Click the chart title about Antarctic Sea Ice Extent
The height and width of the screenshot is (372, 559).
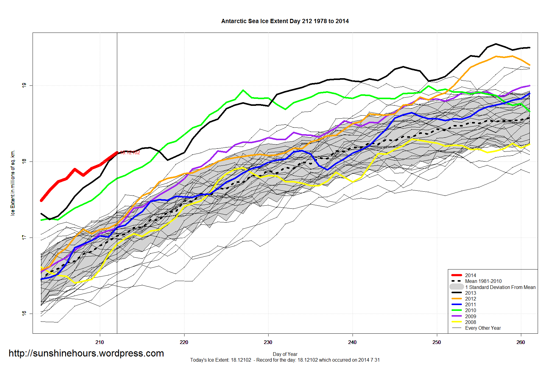point(285,21)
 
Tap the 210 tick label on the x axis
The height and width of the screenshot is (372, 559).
point(100,342)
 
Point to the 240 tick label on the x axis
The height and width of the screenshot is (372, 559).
point(352,342)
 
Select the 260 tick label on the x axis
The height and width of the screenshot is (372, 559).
point(521,342)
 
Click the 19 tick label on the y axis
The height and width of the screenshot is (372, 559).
point(24,85)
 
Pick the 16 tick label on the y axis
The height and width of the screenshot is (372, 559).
point(24,313)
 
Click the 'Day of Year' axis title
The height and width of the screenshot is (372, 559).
point(285,354)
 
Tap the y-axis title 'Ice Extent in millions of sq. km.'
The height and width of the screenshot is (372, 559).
point(13,183)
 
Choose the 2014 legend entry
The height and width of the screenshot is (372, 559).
point(470,275)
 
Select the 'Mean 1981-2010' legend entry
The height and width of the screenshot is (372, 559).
point(483,281)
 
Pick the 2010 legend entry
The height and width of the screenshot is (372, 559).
point(470,310)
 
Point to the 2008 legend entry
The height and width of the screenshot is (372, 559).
point(470,322)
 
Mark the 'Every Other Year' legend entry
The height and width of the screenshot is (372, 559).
point(483,328)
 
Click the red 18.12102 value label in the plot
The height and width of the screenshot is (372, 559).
point(130,153)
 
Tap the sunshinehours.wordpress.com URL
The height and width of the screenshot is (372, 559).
point(86,353)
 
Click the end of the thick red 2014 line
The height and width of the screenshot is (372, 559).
point(117,153)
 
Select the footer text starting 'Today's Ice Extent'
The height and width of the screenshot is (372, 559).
point(285,360)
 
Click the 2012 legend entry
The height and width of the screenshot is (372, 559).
point(470,299)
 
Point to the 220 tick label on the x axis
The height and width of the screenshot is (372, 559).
point(184,342)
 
